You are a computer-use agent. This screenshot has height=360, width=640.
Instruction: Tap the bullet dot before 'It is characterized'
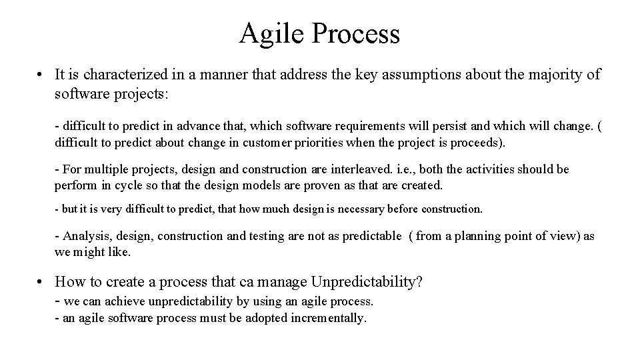tap(41, 75)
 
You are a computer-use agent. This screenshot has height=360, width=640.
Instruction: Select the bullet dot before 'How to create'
tap(41, 282)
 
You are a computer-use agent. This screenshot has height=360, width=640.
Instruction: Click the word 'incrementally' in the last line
tap(329, 318)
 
